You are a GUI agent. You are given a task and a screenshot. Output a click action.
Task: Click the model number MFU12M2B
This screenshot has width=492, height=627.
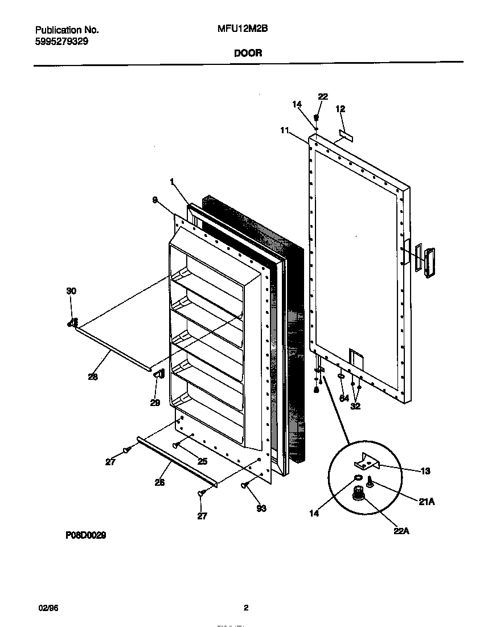(239, 30)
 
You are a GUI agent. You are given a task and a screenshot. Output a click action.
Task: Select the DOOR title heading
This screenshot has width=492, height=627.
(248, 53)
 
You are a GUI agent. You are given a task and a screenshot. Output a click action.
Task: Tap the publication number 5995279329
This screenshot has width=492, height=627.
(61, 42)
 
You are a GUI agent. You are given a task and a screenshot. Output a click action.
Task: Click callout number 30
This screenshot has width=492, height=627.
(71, 291)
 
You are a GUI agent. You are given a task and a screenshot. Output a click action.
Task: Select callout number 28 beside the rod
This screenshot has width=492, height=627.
(92, 377)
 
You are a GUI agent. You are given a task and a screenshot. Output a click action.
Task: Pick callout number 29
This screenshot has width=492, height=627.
(154, 403)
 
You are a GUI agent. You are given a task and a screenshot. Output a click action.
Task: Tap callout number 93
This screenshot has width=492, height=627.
(261, 509)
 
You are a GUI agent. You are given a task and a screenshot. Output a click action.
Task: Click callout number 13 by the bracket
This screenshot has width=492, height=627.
(425, 471)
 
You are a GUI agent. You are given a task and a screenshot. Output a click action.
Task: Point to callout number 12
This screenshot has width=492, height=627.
(341, 109)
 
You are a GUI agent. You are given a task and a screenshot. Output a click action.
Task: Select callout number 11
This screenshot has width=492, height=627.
(284, 130)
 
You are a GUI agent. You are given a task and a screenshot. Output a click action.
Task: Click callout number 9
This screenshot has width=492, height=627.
(154, 200)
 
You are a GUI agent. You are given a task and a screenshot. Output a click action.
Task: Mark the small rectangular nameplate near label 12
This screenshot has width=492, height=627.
(346, 136)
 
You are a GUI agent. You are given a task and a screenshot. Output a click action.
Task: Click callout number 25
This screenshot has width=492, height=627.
(202, 461)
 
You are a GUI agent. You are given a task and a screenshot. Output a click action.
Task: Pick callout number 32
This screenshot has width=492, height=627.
(356, 407)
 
